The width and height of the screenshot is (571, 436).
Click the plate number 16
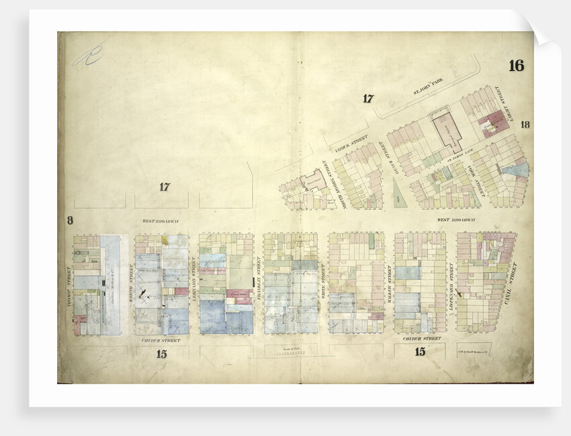point(516,66)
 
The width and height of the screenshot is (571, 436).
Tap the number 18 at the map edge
point(525,124)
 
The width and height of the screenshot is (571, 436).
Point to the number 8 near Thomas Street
point(69,220)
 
